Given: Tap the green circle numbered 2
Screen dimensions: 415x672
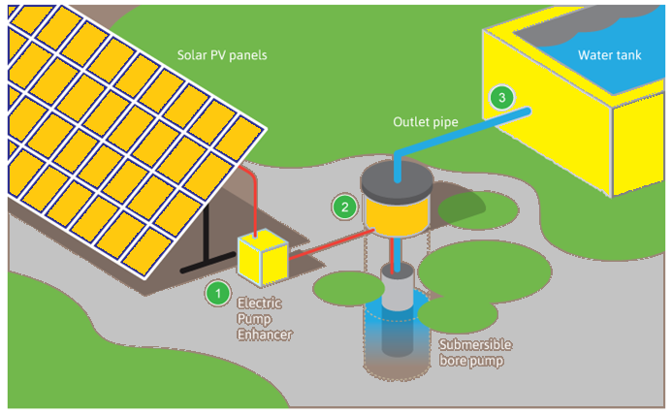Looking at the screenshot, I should click(342, 207).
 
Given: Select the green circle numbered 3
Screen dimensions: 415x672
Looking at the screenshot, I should click(500, 98).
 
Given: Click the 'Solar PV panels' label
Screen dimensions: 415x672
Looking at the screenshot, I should click(221, 55).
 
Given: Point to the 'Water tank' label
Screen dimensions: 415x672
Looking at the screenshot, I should click(610, 55).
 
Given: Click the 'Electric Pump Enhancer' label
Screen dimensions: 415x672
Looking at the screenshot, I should click(265, 319).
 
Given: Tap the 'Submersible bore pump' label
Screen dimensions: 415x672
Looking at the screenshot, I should click(474, 354).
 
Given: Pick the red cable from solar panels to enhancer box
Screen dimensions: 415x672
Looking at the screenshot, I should click(251, 199).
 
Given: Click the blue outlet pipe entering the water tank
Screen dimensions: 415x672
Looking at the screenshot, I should click(485, 124).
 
